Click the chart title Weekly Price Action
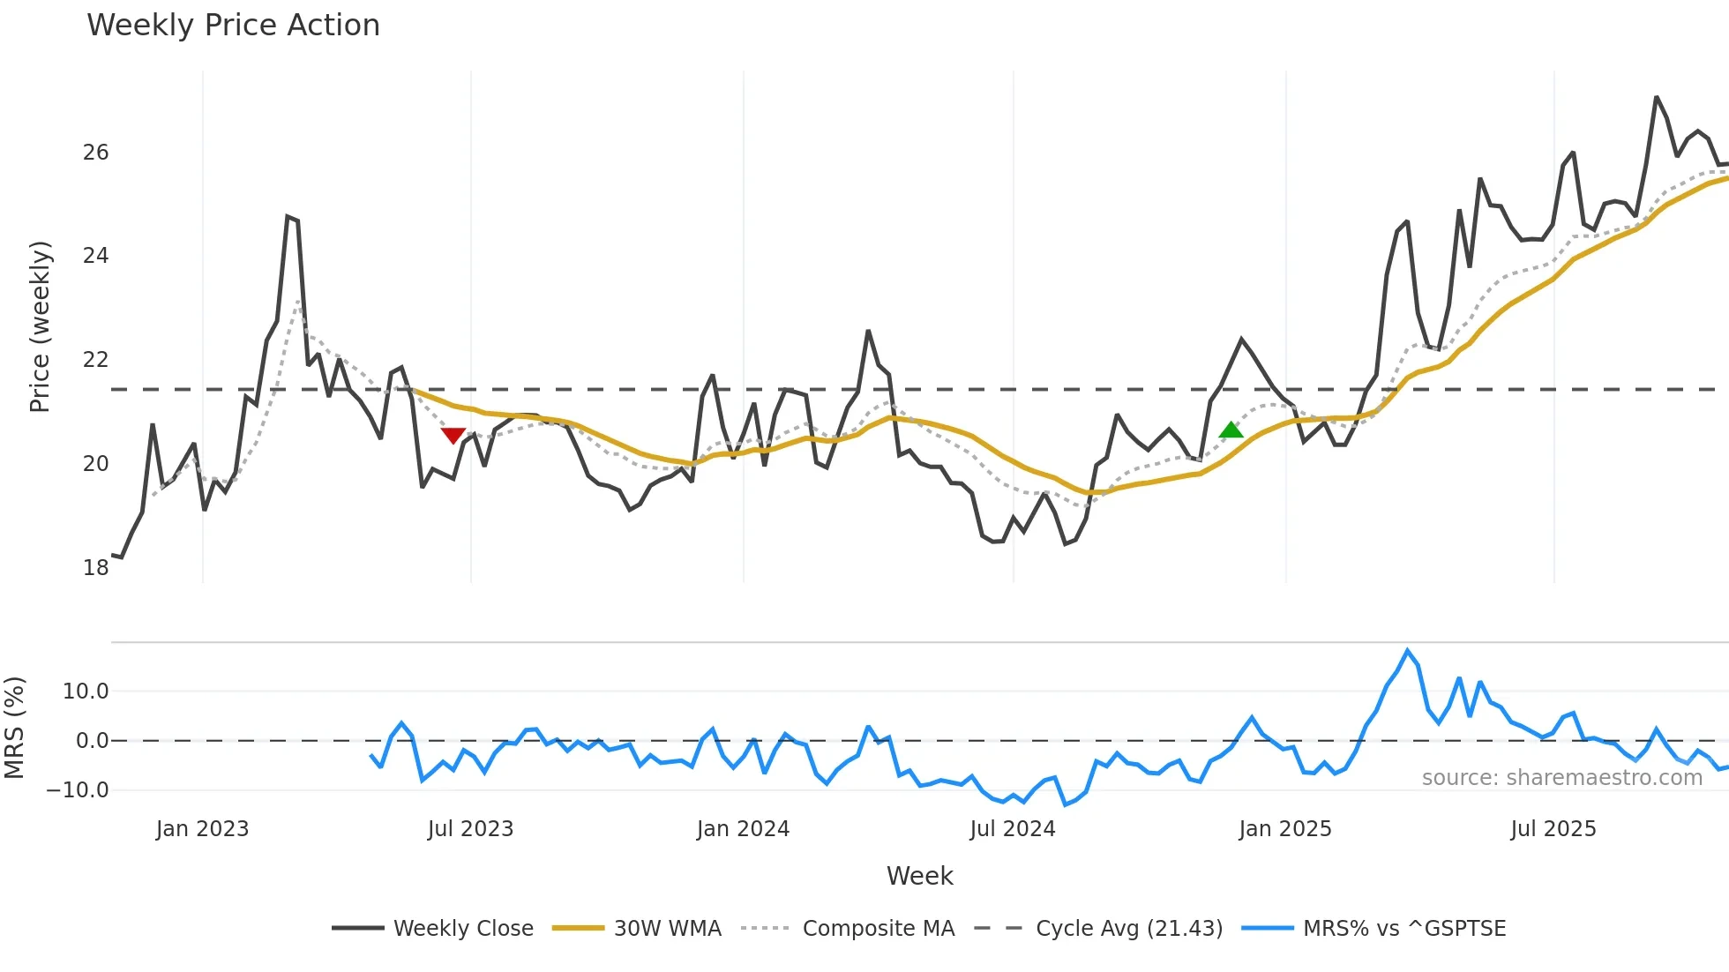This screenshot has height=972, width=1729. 233,26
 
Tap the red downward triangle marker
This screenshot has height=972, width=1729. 453,435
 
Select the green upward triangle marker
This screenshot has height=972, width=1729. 1231,430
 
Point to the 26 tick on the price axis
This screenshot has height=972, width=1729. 95,153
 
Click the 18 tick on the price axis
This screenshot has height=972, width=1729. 95,567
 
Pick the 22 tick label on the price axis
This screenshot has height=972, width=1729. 95,360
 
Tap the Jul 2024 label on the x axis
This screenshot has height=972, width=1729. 1012,829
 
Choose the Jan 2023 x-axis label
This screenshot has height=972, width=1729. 202,829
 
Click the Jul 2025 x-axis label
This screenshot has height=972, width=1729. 1553,829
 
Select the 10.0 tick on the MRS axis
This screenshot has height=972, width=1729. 86,692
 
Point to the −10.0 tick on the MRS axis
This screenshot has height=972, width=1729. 78,790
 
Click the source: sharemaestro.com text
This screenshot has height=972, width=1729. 1561,778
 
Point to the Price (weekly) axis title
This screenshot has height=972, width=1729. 40,326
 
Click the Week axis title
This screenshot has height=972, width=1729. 919,876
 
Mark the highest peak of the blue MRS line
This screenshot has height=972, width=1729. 1407,651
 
